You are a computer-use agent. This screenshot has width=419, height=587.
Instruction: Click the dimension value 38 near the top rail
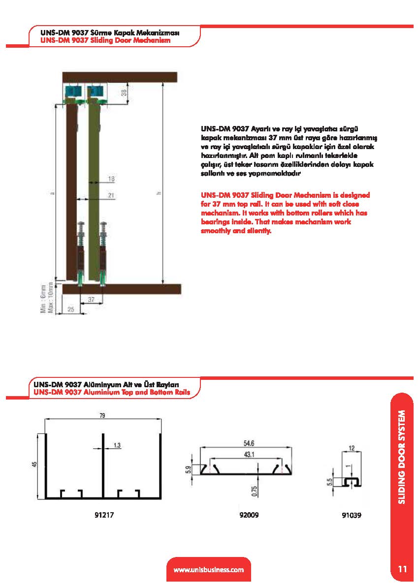(x=124, y=93)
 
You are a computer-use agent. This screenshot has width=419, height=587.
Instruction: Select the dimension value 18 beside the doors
(x=111, y=180)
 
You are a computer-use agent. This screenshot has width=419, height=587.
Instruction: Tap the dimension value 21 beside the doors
(x=111, y=195)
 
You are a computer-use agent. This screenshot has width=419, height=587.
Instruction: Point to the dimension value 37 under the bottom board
(x=91, y=300)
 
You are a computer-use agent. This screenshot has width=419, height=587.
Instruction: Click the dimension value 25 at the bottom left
(x=71, y=309)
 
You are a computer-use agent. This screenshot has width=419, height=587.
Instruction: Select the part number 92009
(x=248, y=515)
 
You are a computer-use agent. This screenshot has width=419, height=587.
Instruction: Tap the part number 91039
(x=351, y=516)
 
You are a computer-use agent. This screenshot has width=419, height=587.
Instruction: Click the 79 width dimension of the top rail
(x=102, y=416)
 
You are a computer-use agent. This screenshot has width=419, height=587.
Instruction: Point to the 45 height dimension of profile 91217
(x=34, y=464)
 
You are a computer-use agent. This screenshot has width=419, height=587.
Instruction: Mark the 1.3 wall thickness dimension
(x=117, y=445)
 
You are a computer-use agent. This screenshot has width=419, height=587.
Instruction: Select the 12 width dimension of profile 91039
(x=352, y=448)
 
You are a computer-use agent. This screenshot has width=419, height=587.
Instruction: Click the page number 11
(x=402, y=569)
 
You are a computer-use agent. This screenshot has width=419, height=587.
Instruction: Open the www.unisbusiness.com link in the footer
(x=209, y=570)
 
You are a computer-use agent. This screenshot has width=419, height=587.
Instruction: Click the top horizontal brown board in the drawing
(x=120, y=77)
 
